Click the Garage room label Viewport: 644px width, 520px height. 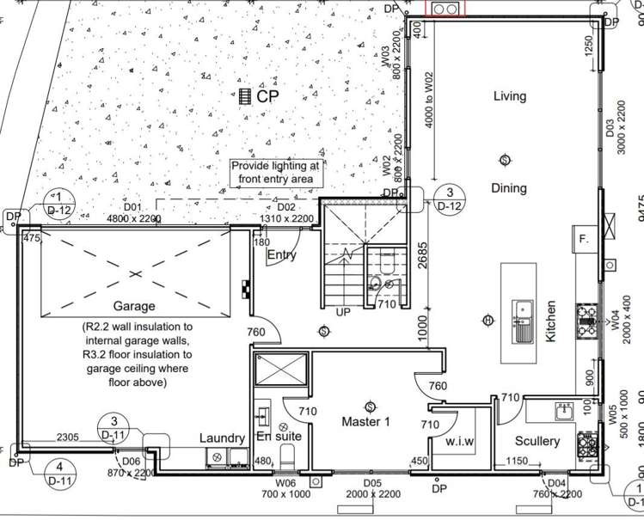coord(133,306)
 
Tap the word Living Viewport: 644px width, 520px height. coord(509,96)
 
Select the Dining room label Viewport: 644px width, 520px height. coord(509,188)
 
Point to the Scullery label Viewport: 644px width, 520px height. coord(537,442)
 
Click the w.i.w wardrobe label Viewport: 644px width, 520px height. coord(460,442)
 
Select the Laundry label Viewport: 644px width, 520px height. coord(222,437)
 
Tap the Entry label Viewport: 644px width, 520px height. coord(282,255)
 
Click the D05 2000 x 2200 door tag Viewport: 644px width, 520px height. coord(371,490)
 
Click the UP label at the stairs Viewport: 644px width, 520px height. coord(343,311)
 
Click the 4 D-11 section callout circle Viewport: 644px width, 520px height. coord(58,475)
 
